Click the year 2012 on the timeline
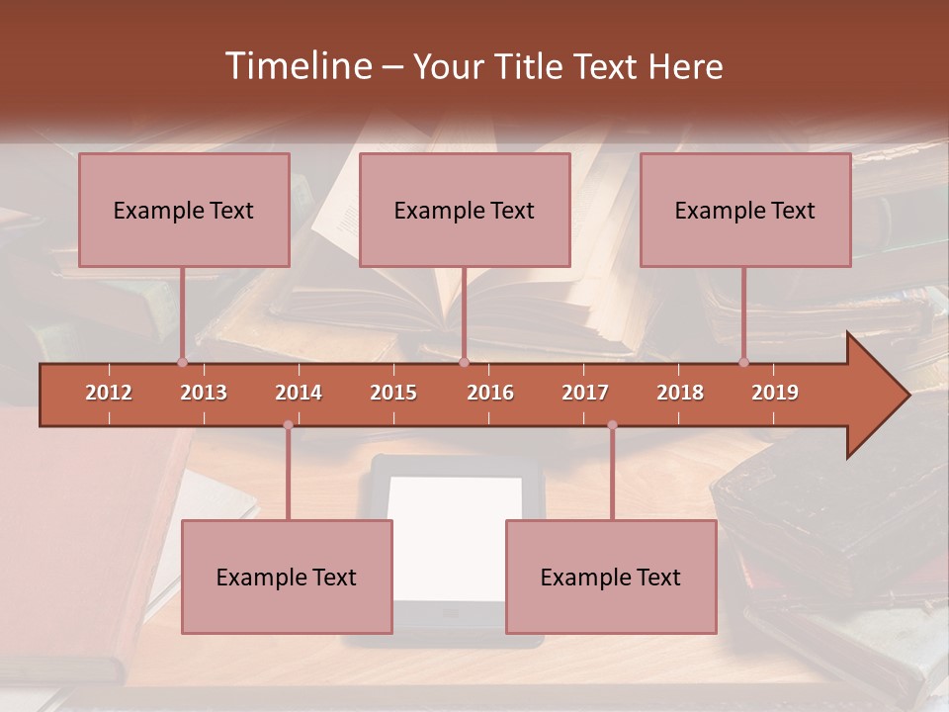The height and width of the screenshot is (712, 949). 109,393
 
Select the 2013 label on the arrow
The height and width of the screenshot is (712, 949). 204,393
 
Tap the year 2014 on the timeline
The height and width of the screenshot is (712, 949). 299,393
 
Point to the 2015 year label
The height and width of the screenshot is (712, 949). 393,393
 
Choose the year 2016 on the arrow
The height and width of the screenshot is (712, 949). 490,393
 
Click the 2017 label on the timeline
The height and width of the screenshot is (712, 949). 585,393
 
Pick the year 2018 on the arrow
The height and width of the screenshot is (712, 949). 680,393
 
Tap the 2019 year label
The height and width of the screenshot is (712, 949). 775,393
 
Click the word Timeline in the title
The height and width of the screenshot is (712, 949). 298,66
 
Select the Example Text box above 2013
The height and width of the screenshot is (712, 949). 184,210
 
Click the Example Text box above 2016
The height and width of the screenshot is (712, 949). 465,210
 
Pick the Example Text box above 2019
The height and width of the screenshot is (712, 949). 745,210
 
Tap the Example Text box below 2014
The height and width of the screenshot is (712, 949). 287,577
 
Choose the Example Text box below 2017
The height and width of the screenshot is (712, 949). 611,577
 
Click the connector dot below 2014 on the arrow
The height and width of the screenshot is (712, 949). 288,425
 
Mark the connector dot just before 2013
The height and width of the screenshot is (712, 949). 182,363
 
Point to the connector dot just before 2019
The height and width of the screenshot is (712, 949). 743,363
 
